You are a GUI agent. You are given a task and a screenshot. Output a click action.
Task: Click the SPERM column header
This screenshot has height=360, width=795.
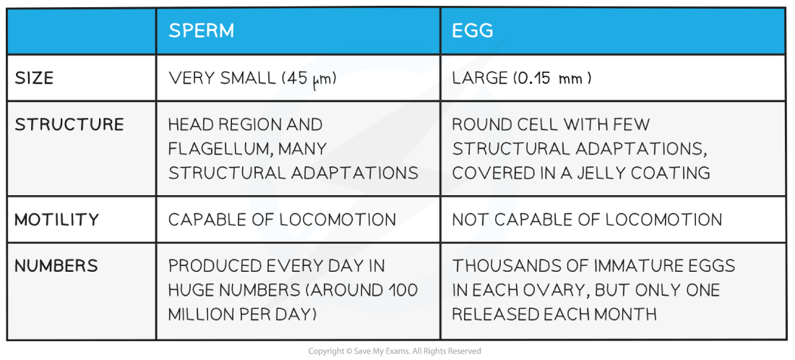[x=202, y=31]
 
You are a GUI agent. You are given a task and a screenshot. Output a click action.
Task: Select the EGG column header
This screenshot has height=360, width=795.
[x=473, y=31]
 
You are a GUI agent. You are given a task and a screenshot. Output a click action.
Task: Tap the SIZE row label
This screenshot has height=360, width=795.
[x=34, y=79]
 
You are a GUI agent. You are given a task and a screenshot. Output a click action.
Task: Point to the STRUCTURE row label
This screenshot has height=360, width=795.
[x=69, y=125]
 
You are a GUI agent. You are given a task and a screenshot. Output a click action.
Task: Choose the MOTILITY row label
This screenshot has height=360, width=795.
[x=57, y=220]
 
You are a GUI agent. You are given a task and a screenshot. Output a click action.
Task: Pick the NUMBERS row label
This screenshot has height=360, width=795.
[x=56, y=266]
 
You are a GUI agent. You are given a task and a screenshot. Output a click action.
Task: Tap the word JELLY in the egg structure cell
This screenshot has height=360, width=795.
[x=609, y=173]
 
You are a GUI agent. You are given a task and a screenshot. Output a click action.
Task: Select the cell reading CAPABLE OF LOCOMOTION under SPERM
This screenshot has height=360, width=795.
[x=282, y=220]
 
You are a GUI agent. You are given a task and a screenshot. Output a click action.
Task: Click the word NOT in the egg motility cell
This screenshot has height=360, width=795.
[x=470, y=220]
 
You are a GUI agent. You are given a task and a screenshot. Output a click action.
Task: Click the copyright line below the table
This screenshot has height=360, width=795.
[x=395, y=351]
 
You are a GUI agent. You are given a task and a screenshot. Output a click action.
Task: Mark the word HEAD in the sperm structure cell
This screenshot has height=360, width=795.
[x=189, y=125]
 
